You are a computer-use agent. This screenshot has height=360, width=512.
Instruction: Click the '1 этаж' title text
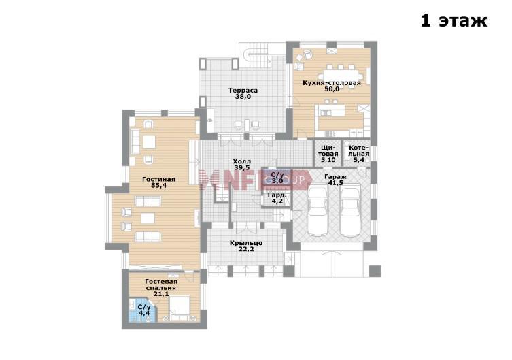(454, 20)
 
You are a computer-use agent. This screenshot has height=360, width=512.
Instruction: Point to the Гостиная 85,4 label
(159, 182)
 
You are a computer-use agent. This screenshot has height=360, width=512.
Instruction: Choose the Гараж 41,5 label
(336, 180)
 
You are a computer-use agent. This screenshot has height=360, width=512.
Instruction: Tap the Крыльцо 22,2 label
(246, 246)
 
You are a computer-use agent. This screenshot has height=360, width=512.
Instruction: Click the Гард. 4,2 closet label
(277, 198)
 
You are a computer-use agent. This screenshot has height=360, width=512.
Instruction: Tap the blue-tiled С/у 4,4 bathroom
(143, 310)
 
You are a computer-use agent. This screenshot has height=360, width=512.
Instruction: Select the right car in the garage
(349, 210)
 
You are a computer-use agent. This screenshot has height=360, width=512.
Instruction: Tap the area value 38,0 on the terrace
(243, 97)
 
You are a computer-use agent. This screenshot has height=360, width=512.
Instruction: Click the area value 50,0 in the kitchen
(332, 89)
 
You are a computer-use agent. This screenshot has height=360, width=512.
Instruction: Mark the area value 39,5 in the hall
(242, 168)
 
